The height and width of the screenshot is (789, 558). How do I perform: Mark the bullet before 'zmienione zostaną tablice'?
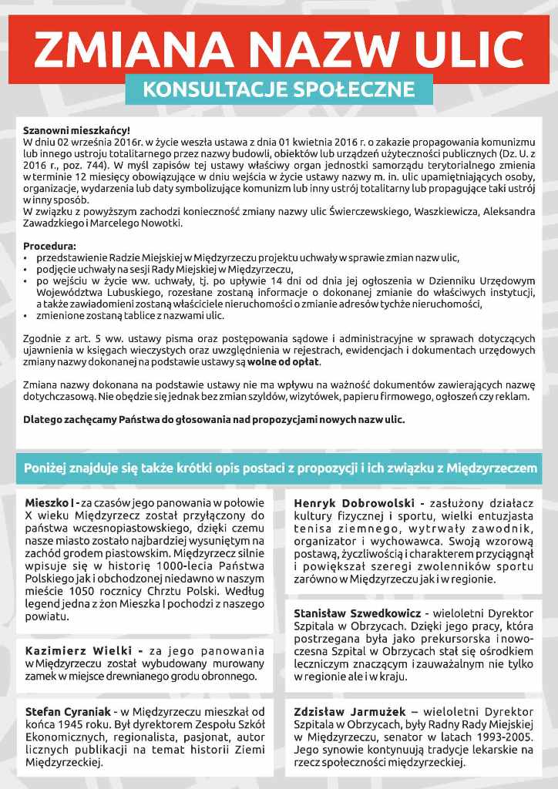click(x=26, y=316)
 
